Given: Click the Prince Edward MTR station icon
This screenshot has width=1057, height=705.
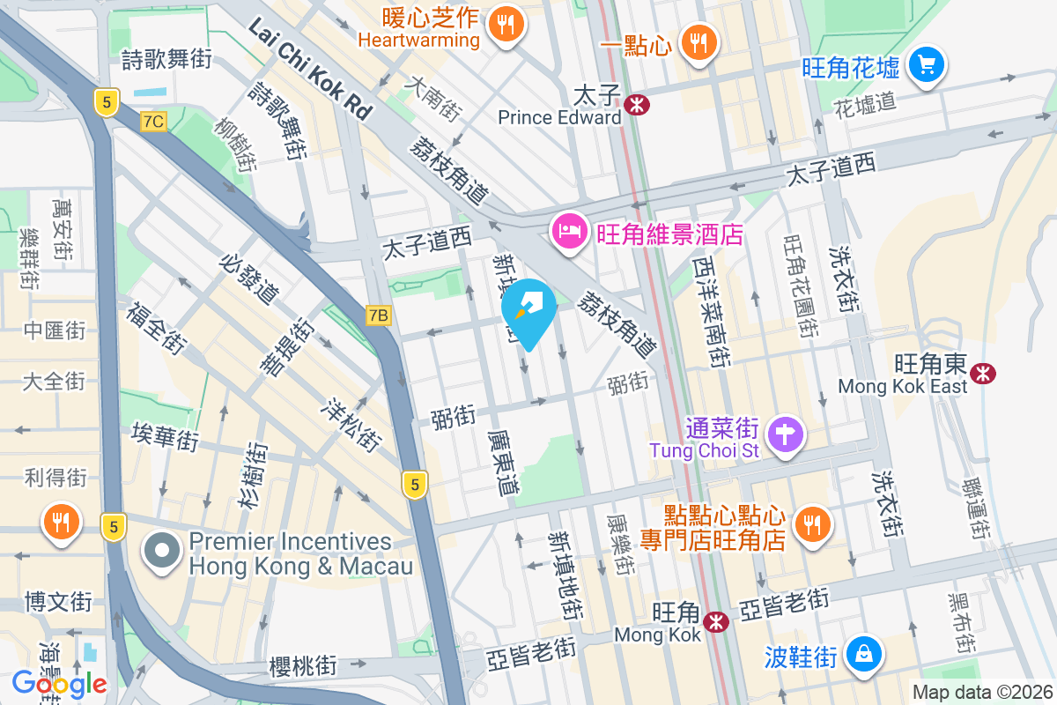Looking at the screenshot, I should pos(636,105).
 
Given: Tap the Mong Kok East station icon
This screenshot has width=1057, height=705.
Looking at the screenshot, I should pos(982,374).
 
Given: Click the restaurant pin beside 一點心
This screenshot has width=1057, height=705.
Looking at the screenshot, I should pos(699,42).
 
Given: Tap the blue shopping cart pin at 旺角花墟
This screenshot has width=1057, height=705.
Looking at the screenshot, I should pos(925,64).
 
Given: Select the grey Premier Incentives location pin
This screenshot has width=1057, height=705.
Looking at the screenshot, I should pos(162,552).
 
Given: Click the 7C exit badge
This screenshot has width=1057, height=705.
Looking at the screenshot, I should pos(152,122).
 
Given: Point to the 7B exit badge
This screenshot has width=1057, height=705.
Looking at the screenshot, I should pos(379,315).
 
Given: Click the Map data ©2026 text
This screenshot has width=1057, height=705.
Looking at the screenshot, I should pos(982,693).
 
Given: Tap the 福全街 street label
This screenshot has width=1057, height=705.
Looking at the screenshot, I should pos(156,328).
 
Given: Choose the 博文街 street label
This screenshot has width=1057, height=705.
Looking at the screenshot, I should pos(57,603).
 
